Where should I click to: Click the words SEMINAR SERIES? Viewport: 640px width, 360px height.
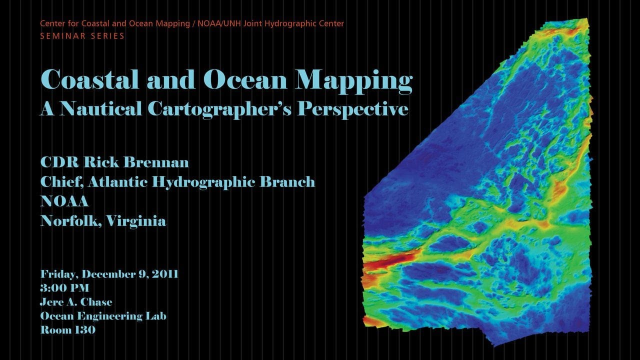[x=82, y=36]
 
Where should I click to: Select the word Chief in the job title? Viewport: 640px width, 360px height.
[x=62, y=182]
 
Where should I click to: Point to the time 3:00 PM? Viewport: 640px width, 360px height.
[x=65, y=288]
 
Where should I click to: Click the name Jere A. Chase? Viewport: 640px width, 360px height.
[x=76, y=302]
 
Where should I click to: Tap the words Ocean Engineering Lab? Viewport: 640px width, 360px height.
[x=103, y=316]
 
